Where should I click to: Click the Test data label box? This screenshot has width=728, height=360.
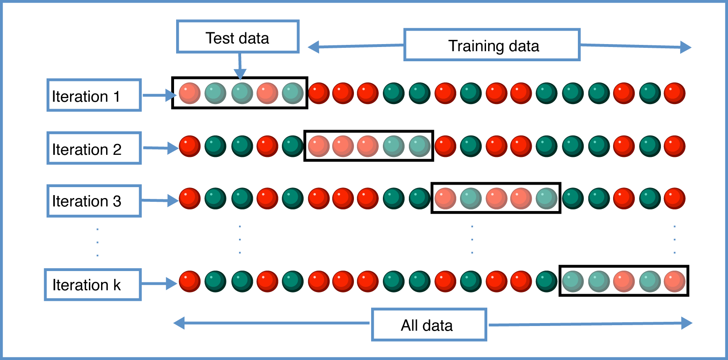237,37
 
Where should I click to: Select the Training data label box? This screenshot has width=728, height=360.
492,45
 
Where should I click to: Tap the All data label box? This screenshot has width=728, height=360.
429,325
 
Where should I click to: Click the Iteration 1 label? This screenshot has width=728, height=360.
94,95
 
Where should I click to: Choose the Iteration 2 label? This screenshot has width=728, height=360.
94,148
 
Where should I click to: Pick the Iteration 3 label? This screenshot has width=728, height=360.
94,201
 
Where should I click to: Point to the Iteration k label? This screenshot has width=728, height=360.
92,284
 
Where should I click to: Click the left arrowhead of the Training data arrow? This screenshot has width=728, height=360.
314,47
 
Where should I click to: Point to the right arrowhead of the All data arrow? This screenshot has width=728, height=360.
686,323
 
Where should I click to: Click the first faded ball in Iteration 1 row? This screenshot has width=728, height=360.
190,93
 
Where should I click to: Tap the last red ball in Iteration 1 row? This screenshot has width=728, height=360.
675,93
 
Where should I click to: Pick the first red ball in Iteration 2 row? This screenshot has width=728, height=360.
190,146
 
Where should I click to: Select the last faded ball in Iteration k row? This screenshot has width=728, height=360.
675,281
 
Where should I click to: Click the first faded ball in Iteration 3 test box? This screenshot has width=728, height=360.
445,198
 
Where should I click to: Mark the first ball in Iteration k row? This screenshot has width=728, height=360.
190,281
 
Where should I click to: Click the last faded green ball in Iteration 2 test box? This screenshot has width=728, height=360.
419,146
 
